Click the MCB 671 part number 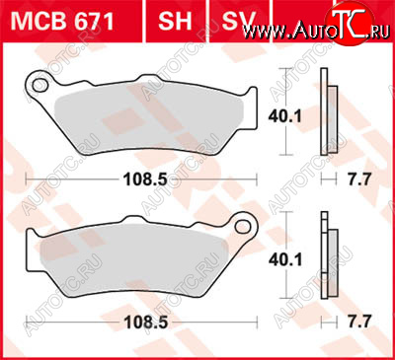62,21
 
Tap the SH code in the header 175,21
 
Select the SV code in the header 239,21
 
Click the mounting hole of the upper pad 39,85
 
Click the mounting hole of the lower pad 243,227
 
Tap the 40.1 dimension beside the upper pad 284,116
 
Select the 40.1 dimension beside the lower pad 285,259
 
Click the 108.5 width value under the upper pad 145,180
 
